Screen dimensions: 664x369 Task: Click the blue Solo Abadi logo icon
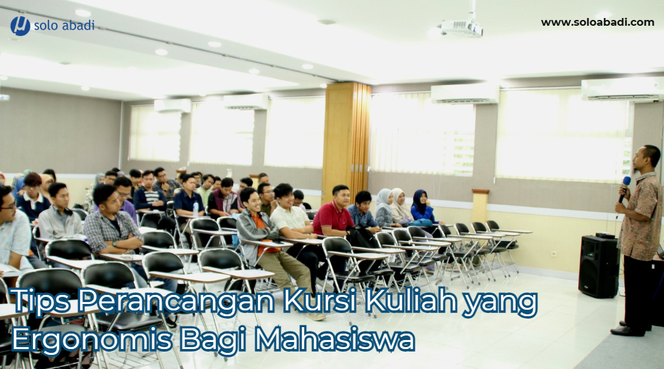[20, 26]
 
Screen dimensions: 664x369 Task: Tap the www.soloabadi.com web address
[598, 23]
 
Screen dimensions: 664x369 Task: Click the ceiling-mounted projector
[461, 28]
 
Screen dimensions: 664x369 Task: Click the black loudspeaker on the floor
[599, 266]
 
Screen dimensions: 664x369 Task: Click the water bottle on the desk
[195, 208]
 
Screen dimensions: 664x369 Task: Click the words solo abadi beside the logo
[64, 25]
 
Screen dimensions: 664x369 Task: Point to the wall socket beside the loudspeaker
[554, 253]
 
